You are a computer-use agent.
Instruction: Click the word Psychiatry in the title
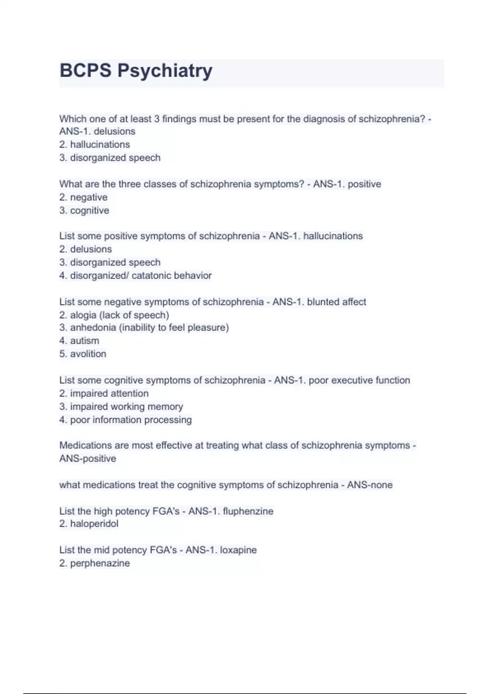[x=165, y=71]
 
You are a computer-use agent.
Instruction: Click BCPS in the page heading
[x=85, y=70]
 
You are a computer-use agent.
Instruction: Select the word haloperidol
[x=94, y=524]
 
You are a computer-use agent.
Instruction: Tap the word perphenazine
[x=100, y=563]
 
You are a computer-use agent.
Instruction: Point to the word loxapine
[x=238, y=550]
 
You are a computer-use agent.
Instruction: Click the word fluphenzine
[x=248, y=511]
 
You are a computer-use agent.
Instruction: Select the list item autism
[x=85, y=340]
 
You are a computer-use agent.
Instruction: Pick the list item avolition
[x=88, y=354]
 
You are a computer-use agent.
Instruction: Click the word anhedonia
[x=93, y=327]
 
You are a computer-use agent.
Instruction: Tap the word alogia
[x=82, y=315]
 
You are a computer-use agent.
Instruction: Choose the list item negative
[x=89, y=197]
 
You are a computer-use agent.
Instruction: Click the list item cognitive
[x=89, y=211]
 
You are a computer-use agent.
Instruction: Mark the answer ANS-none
[x=370, y=485]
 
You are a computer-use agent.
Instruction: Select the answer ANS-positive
[x=88, y=458]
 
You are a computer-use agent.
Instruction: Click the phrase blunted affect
[x=336, y=302]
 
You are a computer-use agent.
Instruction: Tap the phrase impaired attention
[x=109, y=394]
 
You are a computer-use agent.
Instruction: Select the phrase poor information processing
[x=131, y=420]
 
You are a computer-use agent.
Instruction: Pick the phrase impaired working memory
[x=126, y=407]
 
